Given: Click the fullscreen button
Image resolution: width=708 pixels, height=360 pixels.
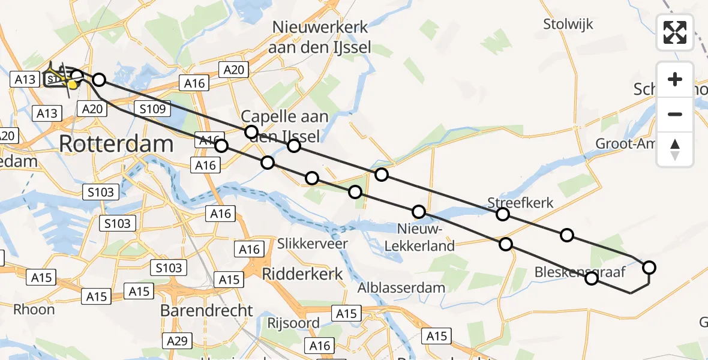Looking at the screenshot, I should point(675,32).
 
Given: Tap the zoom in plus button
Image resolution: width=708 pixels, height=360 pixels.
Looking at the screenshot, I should point(675,79).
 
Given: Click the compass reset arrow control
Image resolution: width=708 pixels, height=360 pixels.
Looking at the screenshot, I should point(675,149).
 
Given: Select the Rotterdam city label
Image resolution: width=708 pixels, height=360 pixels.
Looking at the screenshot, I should point(116,144).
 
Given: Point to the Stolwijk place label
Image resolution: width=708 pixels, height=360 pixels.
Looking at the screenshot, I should point(568,25).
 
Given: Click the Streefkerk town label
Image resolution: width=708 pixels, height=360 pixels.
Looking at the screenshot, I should point(520,202).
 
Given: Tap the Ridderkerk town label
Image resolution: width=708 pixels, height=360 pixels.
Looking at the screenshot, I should point(303,274).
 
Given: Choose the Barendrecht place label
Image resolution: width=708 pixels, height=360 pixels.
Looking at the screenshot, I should point(206,310).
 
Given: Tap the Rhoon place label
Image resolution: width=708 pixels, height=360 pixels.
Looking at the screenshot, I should point(34,310).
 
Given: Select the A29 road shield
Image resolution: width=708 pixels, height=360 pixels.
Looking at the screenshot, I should point(178,341).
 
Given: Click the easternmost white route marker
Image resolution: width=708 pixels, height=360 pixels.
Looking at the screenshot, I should point(649,268).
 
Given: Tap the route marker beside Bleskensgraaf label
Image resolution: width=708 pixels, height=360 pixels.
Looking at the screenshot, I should point(592,278).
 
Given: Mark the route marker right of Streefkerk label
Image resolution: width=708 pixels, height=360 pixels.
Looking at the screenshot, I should point(566,235).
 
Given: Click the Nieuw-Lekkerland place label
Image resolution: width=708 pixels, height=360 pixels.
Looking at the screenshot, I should point(425,237).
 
